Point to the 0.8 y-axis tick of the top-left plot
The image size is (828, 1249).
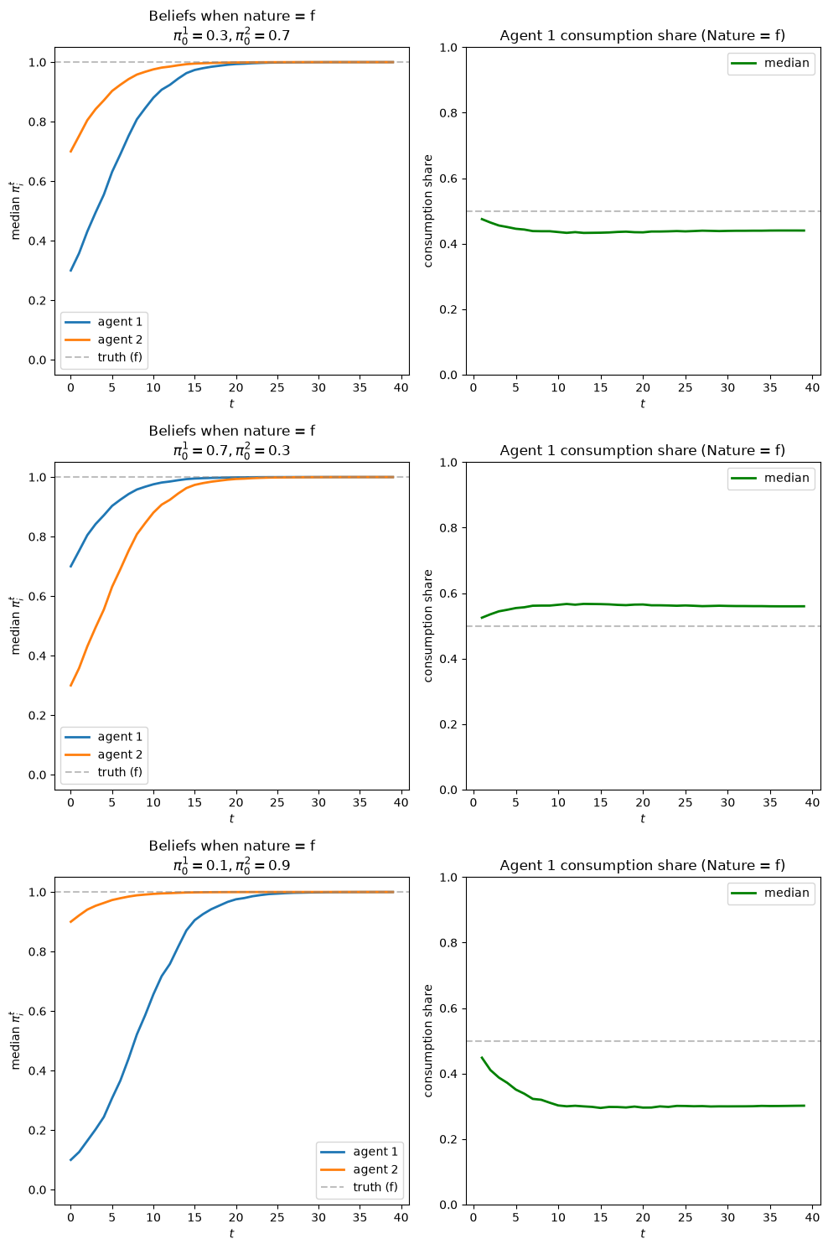tap(38, 122)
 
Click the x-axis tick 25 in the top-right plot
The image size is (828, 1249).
tap(685, 387)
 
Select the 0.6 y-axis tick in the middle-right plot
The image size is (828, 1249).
tap(448, 593)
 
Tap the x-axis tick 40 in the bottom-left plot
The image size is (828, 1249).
tap(401, 1217)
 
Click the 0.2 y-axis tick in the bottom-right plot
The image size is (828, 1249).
tap(448, 1140)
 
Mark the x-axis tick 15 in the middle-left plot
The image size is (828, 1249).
tap(194, 802)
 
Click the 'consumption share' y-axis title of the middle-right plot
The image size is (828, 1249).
tap(427, 626)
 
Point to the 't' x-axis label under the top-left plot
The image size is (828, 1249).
tap(231, 404)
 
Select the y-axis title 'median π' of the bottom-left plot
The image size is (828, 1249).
tap(15, 1040)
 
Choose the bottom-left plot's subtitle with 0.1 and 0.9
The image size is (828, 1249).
tap(231, 865)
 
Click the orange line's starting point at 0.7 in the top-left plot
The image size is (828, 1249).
tap(70, 152)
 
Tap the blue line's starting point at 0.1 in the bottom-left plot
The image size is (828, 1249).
tap(70, 1160)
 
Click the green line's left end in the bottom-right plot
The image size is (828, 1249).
tap(482, 1057)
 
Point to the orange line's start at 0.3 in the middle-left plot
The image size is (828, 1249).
tap(70, 686)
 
